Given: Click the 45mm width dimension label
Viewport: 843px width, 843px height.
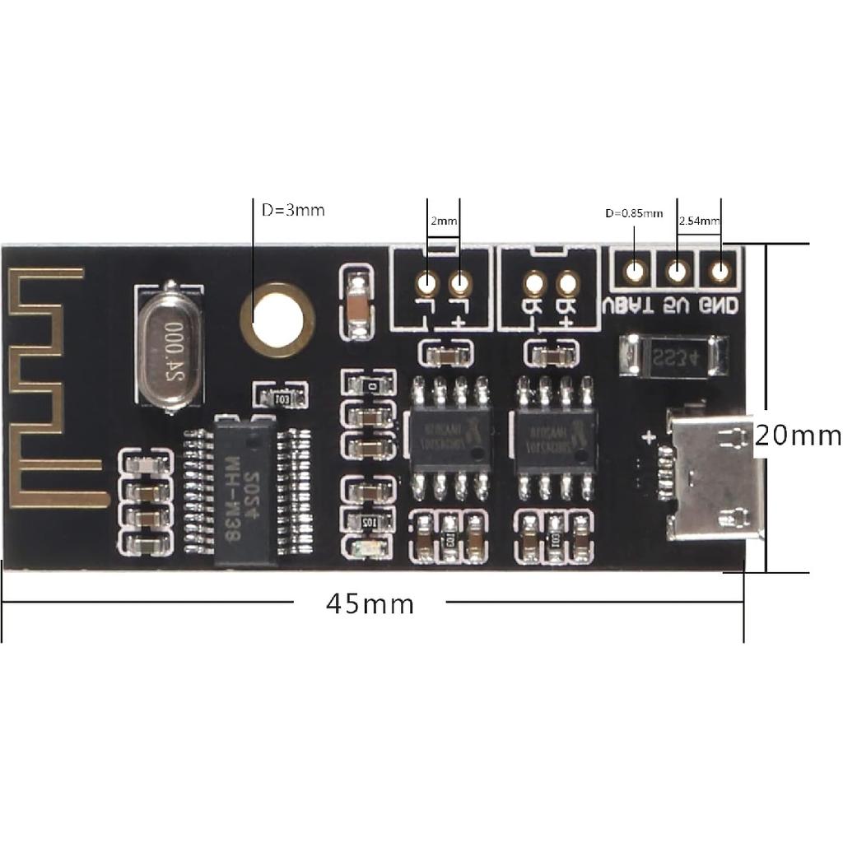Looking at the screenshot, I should [370, 604].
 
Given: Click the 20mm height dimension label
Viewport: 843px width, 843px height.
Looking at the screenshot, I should [797, 435].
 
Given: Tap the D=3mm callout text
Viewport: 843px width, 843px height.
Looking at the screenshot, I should [293, 210].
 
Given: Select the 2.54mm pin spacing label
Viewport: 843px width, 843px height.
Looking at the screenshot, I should [699, 221].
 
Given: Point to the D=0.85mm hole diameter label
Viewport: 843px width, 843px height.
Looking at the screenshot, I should [634, 213].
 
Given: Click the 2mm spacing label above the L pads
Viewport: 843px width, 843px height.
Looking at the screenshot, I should [443, 221].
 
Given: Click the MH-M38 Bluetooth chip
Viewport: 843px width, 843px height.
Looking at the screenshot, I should [244, 491].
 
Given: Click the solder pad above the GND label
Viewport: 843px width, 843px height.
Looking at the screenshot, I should [720, 270].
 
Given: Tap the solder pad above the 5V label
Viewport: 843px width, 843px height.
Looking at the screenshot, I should [677, 270].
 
